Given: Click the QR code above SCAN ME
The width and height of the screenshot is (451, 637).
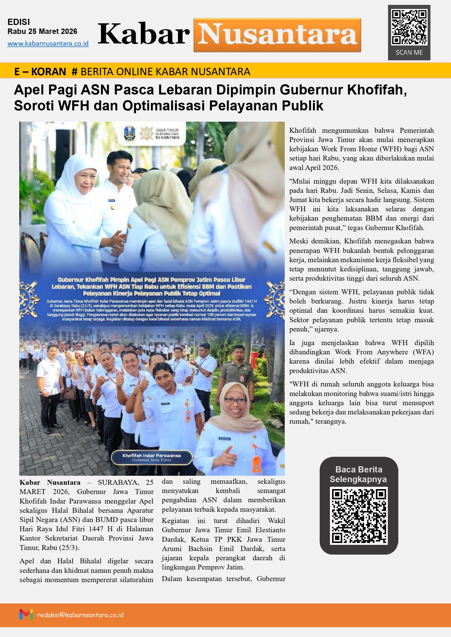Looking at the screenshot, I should point(409,27).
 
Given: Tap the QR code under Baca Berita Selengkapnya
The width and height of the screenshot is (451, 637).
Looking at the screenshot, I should point(359,516).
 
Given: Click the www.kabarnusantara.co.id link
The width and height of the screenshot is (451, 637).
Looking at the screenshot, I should point(48,44).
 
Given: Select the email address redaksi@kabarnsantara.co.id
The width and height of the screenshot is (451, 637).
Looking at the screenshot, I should point(80,615).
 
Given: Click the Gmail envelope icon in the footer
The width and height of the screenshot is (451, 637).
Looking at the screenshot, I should point(26,614).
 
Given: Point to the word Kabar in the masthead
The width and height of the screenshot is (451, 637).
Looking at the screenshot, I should point(144,34).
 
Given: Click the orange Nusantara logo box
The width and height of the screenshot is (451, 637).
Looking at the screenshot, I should point(277,35).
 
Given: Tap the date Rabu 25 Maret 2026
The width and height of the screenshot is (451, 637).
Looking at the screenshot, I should point(42,31).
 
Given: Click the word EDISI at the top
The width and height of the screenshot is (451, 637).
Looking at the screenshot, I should point(19,22).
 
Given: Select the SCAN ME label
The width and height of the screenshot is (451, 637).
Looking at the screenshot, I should point(409,52).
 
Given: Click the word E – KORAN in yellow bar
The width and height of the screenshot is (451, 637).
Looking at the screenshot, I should point(40,72).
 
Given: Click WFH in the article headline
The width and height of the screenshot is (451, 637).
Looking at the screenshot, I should point(73,106).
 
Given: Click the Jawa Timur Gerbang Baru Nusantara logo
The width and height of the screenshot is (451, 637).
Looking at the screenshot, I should point(159,134).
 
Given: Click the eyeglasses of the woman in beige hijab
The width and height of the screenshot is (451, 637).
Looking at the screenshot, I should point(235,400).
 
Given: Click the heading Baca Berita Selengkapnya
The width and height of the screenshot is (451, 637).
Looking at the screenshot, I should point(358,474).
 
